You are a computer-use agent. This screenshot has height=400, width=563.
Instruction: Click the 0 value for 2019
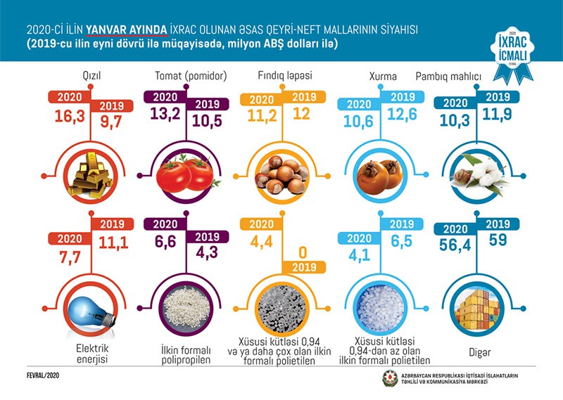[x=304, y=251]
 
